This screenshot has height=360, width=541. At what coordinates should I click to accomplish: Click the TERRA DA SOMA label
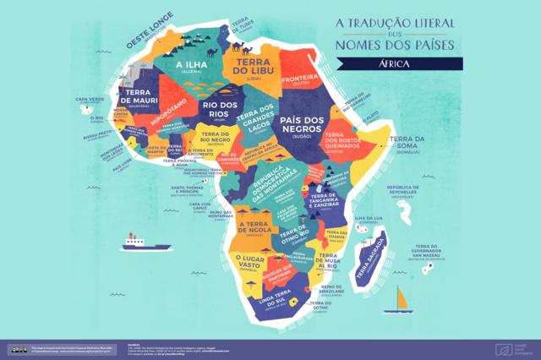tap(406, 145)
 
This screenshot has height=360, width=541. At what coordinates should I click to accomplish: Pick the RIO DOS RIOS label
tap(217, 109)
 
